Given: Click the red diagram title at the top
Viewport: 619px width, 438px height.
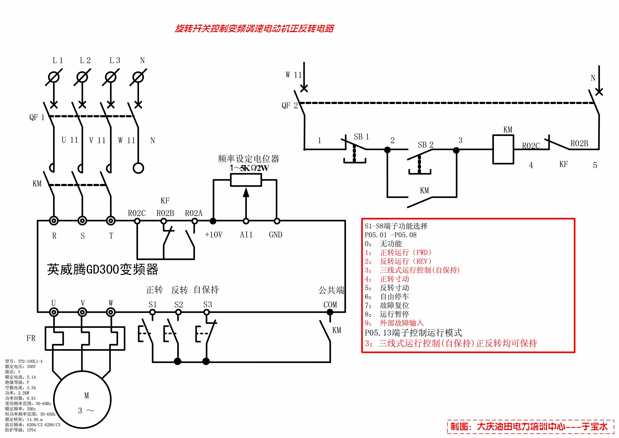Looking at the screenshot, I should point(254,29).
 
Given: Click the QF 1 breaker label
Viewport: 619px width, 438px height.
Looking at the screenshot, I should point(37,117).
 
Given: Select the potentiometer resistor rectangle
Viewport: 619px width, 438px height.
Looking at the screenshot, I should point(246,180).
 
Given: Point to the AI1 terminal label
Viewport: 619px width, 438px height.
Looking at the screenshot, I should point(246,235).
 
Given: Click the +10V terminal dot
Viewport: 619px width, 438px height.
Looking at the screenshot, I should point(213,221).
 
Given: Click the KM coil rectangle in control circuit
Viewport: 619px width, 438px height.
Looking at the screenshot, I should point(503,149).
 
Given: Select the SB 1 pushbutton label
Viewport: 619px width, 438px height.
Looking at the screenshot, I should point(361,137).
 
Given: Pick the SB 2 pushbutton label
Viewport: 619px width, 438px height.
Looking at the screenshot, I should point(425,145).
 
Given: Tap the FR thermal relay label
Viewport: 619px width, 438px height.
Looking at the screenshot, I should point(31,338).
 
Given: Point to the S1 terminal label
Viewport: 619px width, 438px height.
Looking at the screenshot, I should point(153,305).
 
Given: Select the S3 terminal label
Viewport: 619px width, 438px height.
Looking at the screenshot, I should point(208,305).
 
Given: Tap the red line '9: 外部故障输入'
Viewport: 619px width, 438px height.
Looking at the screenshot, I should point(394,323).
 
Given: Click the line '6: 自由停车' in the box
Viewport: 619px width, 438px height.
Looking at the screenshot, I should point(387,297).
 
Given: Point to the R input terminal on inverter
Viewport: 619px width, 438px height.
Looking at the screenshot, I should point(54,221).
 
